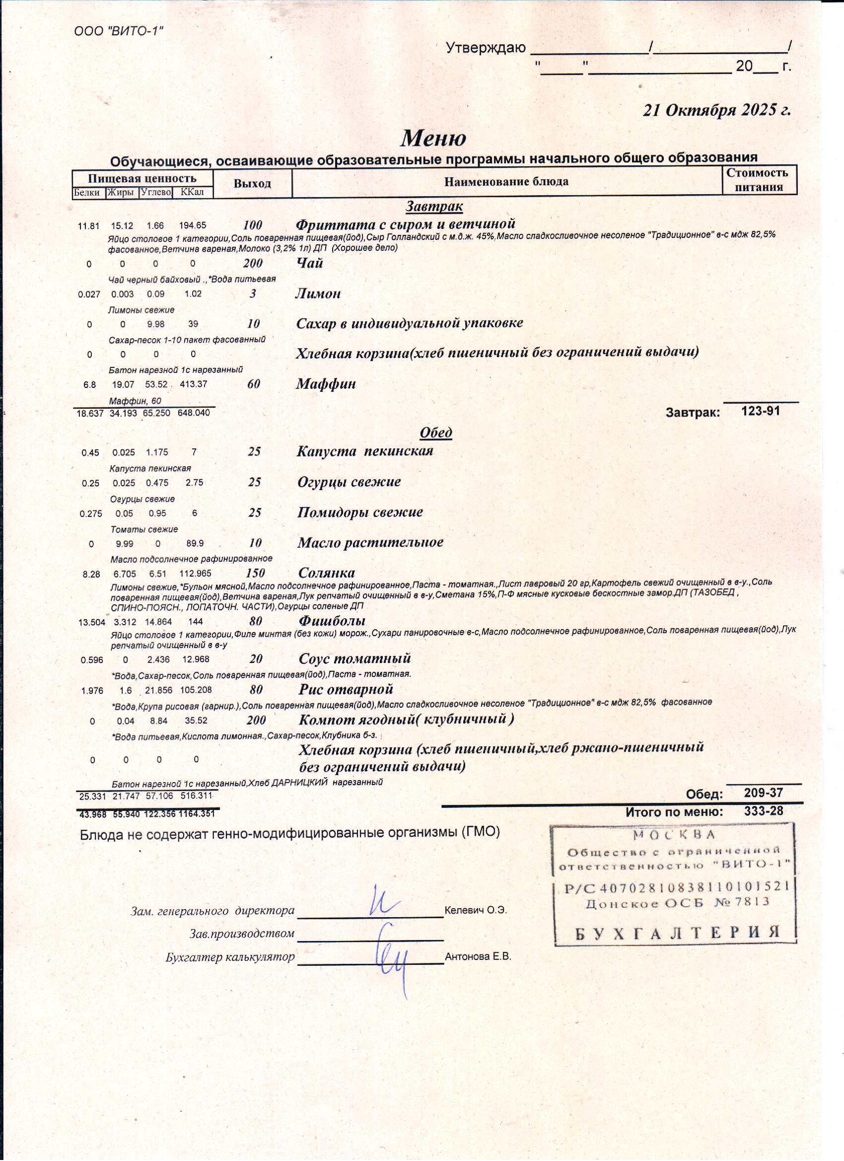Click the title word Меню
(x=433, y=138)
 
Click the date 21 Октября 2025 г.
(x=716, y=110)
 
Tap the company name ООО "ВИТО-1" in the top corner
(x=119, y=31)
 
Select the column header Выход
(x=252, y=184)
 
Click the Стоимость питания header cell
(x=759, y=180)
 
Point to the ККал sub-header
(x=193, y=193)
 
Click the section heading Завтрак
(x=434, y=206)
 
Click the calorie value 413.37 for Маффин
(x=194, y=384)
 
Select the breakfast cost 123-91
(x=761, y=411)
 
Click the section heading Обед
(x=435, y=433)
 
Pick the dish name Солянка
(x=327, y=573)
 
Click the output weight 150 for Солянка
(x=255, y=574)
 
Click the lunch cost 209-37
(x=763, y=793)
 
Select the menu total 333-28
(x=763, y=811)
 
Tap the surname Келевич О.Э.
(x=476, y=911)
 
